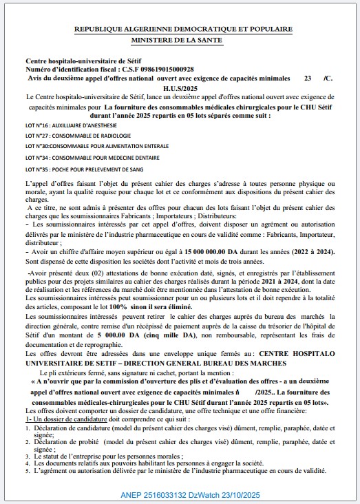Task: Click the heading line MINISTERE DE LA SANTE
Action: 183,40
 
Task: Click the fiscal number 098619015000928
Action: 161,70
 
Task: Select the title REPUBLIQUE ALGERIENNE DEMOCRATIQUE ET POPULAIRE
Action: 183,30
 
